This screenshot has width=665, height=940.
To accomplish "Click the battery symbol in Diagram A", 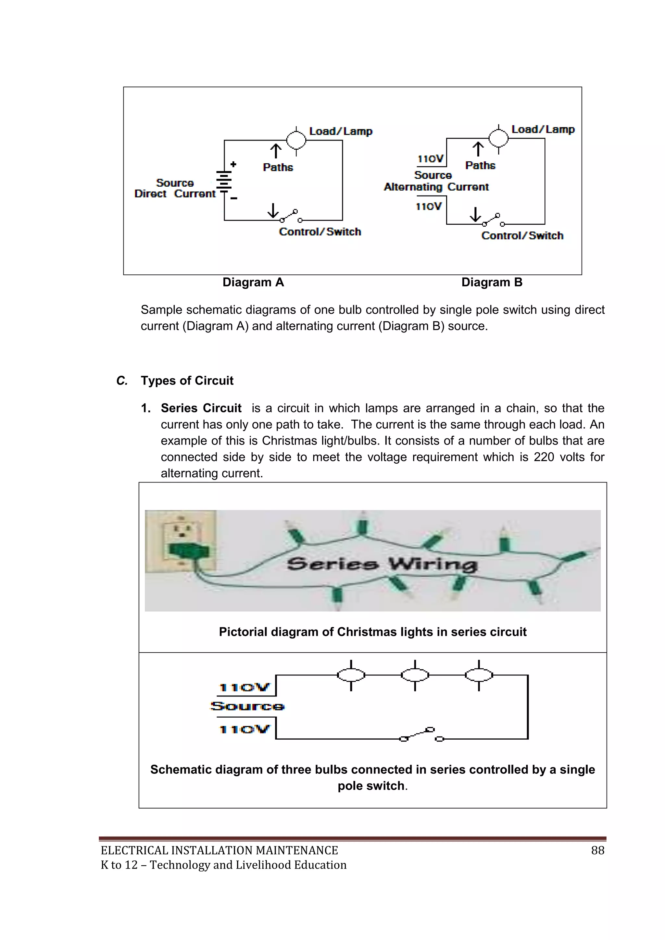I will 224,182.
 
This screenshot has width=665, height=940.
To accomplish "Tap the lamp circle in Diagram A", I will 296,140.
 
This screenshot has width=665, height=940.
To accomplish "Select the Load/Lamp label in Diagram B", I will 543,129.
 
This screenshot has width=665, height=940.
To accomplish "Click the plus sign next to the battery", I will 233,164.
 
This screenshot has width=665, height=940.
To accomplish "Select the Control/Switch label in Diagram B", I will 522,236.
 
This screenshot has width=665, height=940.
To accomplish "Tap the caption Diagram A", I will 253,282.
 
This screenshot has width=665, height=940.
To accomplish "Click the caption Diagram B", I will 492,282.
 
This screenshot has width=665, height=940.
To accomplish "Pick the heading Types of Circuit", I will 187,381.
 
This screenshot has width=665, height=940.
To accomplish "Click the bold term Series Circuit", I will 201,408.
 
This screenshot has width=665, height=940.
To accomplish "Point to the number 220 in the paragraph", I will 544,457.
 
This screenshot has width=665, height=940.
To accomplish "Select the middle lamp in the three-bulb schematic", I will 415,675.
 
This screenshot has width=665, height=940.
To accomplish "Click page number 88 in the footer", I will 597,851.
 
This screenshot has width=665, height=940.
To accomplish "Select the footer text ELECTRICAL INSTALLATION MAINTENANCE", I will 220,851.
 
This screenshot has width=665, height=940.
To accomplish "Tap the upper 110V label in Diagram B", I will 430,159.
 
